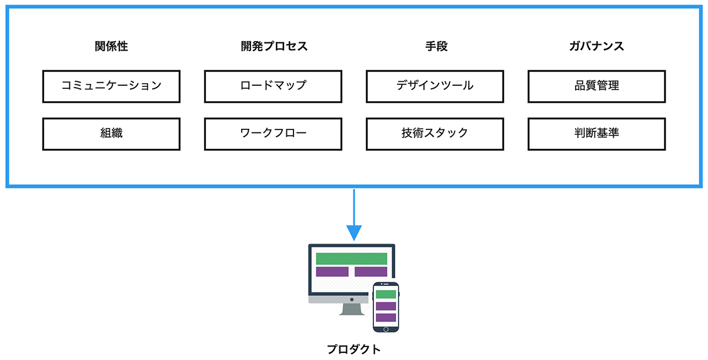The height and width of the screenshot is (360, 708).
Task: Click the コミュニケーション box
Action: click(x=111, y=86)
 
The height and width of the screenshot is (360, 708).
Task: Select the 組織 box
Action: click(x=111, y=134)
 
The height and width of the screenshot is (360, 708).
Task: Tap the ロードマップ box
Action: click(x=273, y=86)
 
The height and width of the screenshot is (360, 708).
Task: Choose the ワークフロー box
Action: click(x=273, y=134)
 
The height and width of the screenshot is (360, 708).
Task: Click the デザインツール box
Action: click(x=435, y=86)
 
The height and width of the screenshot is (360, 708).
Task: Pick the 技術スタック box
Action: click(x=435, y=134)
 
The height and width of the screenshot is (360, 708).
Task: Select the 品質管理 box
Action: click(x=596, y=86)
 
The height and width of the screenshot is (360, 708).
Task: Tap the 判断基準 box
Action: click(x=596, y=134)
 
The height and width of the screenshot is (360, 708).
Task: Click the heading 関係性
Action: click(x=111, y=46)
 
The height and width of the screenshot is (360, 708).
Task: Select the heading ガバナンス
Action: click(x=596, y=46)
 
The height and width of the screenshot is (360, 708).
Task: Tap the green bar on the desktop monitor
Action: click(x=352, y=258)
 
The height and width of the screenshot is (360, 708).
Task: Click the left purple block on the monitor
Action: click(x=332, y=272)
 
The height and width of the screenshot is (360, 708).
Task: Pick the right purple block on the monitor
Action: click(x=371, y=272)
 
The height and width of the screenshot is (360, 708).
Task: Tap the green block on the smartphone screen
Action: click(x=386, y=294)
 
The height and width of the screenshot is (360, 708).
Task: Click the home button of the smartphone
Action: click(x=386, y=328)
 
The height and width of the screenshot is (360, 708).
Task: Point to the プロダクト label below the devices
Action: click(x=353, y=349)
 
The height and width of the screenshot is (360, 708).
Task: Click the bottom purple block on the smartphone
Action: click(x=386, y=318)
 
